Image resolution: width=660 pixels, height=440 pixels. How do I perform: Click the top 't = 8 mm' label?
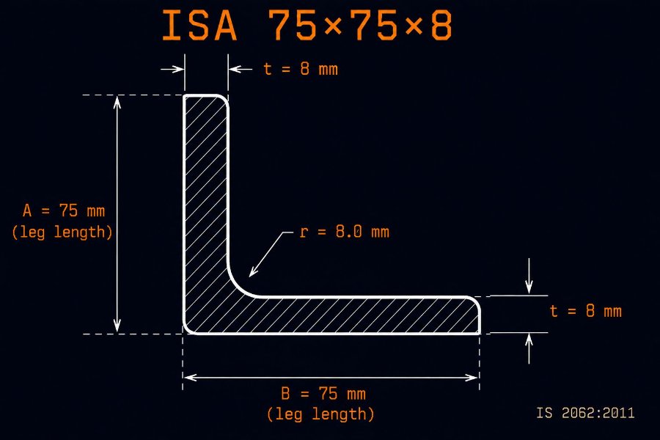301,69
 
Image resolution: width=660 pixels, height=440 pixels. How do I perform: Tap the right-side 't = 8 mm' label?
585,311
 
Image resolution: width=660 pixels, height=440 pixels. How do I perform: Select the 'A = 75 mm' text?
64,210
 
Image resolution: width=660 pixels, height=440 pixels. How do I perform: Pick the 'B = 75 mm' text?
323,394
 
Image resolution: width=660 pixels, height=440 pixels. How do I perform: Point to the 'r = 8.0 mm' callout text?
345,232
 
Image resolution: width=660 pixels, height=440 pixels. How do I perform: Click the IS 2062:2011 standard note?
585,413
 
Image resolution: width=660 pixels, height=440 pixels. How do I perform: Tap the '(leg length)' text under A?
62,232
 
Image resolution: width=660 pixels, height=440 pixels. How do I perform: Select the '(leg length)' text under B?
320,414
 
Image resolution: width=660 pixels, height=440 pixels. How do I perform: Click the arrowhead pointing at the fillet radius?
252,272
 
